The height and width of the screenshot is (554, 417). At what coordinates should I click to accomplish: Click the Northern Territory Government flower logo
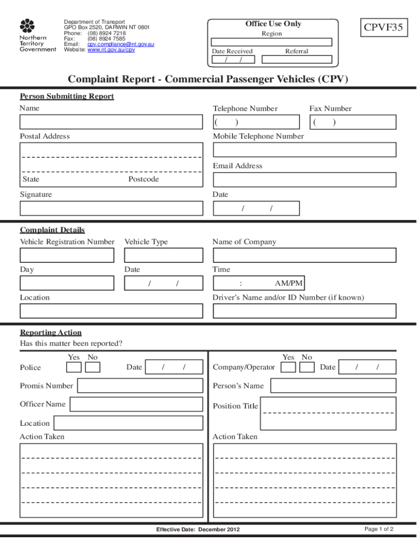coord(27,25)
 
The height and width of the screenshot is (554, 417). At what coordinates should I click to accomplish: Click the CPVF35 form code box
coord(383,28)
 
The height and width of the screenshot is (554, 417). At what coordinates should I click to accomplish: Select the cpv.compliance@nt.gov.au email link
coord(121,44)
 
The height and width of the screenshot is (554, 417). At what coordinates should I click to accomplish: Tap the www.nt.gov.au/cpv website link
coord(111,50)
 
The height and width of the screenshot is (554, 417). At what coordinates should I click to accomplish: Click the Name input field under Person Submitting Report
coord(111,122)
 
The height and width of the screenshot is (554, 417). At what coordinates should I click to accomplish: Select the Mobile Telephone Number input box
coord(304,150)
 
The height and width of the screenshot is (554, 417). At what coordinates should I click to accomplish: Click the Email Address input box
coord(304,180)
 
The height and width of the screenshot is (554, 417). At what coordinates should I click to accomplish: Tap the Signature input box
coord(111,208)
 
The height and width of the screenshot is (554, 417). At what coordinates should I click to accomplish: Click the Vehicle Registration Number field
coord(67,255)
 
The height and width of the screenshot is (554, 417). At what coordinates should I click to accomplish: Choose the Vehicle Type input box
coord(164,255)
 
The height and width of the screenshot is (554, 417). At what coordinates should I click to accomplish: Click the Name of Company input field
coord(304,255)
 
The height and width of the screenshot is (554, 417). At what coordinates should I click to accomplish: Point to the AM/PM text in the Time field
coord(289,283)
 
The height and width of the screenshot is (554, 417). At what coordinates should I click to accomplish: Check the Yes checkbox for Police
coord(74,367)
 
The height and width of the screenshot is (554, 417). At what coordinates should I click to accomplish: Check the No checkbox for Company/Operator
coord(307,367)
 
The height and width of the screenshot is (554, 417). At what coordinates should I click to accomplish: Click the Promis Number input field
coord(140,386)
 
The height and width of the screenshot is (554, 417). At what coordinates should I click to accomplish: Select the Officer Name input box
coord(136,405)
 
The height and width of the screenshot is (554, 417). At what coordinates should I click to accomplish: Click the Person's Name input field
coord(333,386)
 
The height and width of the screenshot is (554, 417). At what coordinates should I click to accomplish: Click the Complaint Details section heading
coord(53,230)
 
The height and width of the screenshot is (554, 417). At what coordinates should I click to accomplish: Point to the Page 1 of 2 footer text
coord(379,529)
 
